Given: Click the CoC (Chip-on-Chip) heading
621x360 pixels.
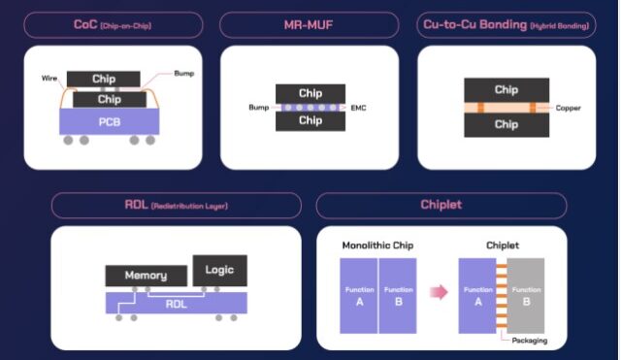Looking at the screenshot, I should [114, 24].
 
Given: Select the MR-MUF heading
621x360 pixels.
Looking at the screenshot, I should [309, 24].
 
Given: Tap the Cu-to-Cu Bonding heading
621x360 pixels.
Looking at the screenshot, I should [507, 24].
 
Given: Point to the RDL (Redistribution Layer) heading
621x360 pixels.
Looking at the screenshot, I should [175, 205].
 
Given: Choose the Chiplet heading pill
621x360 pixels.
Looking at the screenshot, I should [441, 205].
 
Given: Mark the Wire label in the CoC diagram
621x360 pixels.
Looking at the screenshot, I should [49, 78].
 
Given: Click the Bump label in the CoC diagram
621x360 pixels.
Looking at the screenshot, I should [184, 73].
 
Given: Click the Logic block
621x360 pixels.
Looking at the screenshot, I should [219, 269].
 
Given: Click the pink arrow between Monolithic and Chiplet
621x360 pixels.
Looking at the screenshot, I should [440, 292].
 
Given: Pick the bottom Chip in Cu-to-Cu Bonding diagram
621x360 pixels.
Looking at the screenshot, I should [506, 124].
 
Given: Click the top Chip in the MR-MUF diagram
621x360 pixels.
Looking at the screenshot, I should [310, 93].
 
